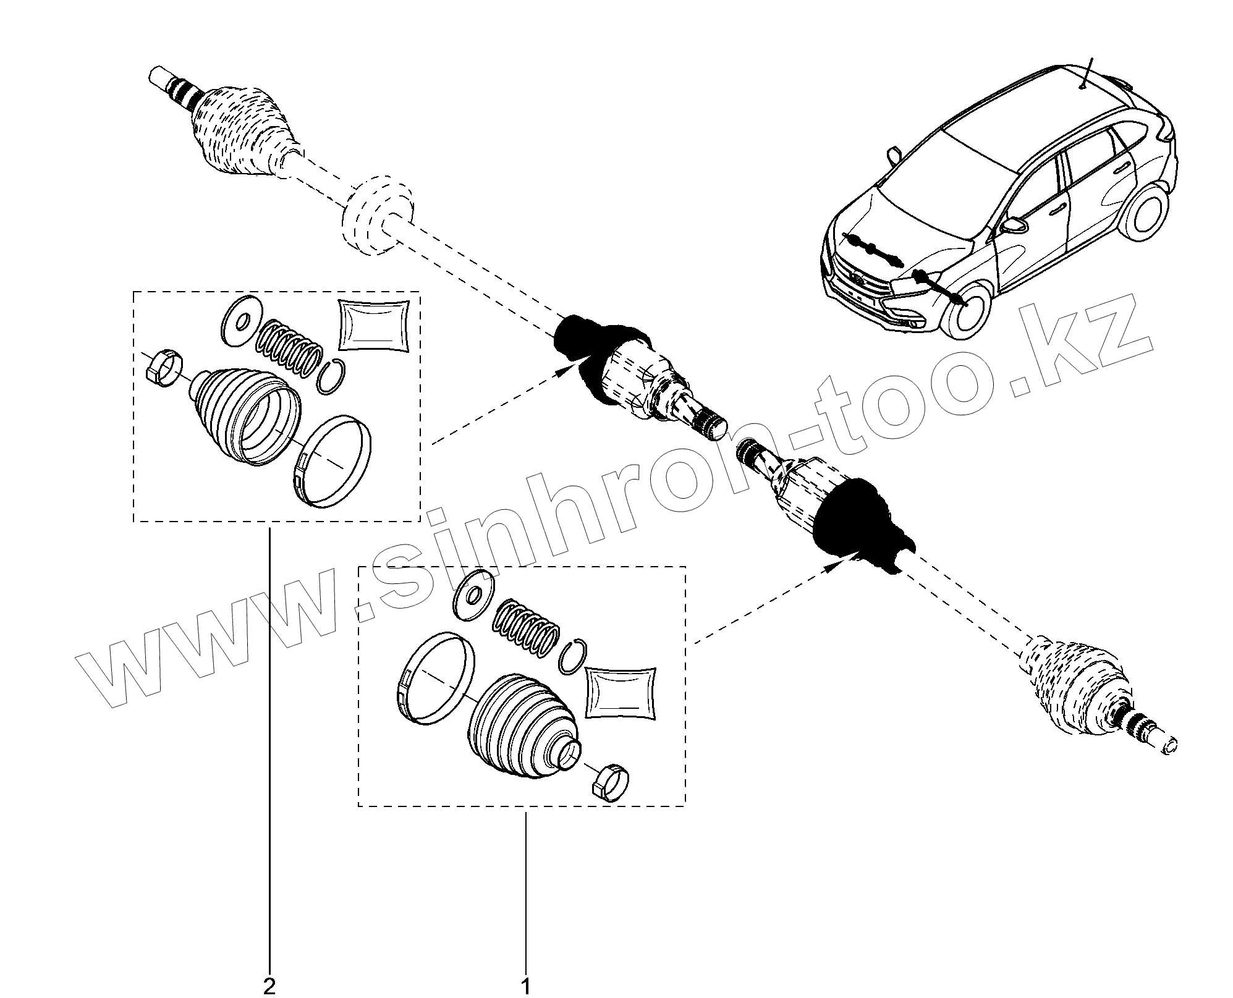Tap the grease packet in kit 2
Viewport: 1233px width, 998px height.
point(374,326)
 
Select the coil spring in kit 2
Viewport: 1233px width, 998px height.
point(289,349)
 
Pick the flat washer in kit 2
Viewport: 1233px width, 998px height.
point(242,320)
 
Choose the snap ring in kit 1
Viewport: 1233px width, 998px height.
point(572,656)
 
